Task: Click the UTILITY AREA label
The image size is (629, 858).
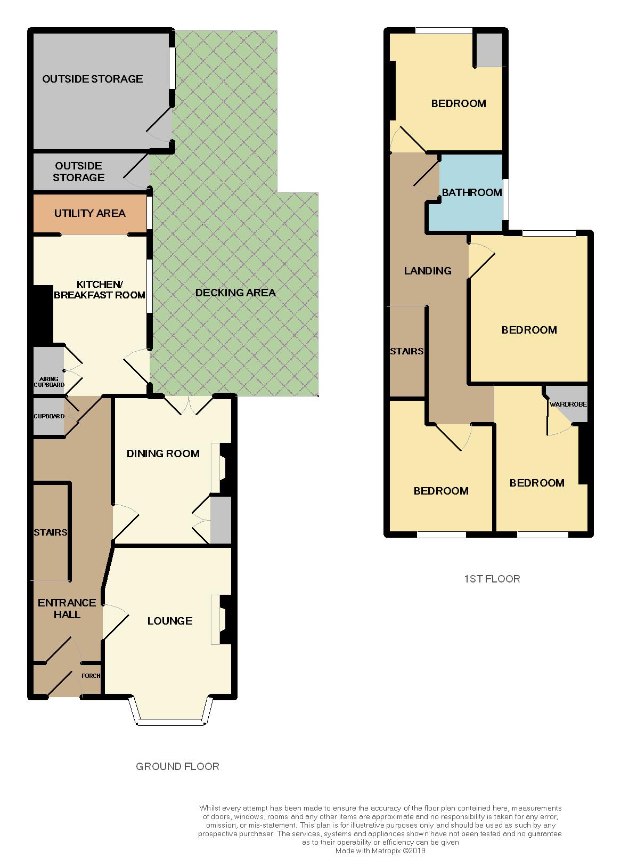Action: (89, 213)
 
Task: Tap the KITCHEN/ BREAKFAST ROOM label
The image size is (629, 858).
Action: (100, 289)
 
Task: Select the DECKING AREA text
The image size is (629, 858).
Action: (235, 293)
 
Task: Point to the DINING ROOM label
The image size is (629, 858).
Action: (163, 454)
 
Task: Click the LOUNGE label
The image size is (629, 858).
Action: (169, 621)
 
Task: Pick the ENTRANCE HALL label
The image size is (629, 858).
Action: (67, 609)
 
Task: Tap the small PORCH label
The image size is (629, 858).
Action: (91, 676)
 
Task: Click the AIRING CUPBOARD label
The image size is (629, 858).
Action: (49, 382)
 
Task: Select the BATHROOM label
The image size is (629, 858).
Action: (472, 192)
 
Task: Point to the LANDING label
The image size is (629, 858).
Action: (428, 271)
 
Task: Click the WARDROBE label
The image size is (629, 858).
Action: (568, 404)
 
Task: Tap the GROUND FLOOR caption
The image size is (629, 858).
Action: (177, 767)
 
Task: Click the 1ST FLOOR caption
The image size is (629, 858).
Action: (492, 579)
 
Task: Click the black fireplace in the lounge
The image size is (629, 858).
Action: (226, 620)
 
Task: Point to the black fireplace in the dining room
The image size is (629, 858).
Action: (226, 468)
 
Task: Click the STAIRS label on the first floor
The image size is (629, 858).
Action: (407, 351)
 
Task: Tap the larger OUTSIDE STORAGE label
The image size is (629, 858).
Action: (93, 79)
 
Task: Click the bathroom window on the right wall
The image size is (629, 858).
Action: (506, 198)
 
